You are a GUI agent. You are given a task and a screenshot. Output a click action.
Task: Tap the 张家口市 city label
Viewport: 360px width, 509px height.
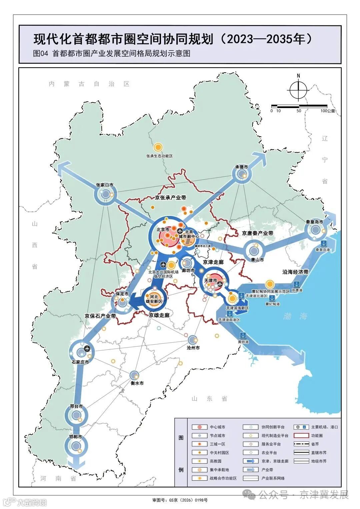pos(104,185)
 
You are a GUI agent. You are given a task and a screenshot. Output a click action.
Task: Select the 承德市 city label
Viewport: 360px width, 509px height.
pos(242,167)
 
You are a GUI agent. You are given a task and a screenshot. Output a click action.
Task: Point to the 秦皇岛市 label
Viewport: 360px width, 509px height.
pos(314,222)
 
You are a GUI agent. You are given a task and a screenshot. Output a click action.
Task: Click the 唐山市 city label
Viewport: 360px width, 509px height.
pos(257,260)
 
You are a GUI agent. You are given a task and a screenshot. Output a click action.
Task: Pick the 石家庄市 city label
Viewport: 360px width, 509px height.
pos(80,362)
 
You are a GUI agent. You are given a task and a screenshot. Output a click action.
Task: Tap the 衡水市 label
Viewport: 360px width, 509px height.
pos(137,383)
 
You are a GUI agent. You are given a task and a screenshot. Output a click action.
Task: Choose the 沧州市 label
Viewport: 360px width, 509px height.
pos(193,348)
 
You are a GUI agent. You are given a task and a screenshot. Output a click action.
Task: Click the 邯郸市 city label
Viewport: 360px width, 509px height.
pos(76,437)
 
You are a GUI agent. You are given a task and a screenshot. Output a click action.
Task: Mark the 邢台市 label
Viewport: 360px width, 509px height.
pos(76,407)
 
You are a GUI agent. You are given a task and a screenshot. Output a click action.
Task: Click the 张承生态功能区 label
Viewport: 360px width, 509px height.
pos(159,156)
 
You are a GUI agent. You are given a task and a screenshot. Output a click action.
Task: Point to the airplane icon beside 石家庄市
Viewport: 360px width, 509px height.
pos(88,349)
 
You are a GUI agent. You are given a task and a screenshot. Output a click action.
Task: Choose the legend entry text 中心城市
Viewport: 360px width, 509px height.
pos(217,427)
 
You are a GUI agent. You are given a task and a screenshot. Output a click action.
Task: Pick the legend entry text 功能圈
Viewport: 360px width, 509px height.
pos(317,436)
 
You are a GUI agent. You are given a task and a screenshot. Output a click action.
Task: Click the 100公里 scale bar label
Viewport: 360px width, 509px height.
pos(328,111)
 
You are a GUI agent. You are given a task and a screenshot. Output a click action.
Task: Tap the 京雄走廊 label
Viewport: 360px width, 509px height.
pos(159,315)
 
